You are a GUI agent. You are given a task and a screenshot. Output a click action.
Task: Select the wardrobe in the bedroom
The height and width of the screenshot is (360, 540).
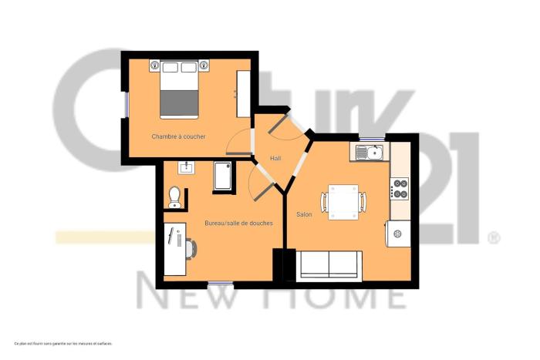coord(243,94)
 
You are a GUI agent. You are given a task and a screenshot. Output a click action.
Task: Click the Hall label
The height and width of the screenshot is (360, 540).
coord(275,158)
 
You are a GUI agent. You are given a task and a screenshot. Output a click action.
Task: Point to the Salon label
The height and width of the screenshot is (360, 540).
coord(304,214)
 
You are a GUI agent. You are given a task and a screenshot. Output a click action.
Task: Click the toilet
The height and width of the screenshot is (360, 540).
coord(174,197)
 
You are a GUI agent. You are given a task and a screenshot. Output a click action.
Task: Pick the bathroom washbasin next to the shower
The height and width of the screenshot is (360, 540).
coord(186,167)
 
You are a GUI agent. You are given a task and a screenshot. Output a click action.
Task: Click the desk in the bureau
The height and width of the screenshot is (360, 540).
coord(174,248)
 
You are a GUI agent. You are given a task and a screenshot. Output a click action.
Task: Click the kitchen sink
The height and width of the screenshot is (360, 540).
coord(370,153)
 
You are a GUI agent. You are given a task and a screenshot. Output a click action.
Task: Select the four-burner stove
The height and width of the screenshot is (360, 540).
coord(400,189)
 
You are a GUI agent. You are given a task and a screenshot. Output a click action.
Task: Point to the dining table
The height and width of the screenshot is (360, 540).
coord(343,202)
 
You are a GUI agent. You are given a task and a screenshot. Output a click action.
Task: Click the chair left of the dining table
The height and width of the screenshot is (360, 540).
coord(325,202)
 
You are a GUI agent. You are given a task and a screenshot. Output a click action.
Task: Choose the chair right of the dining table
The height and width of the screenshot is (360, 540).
coord(363,202)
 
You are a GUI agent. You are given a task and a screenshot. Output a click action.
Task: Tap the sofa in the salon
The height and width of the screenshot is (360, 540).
coord(330,264)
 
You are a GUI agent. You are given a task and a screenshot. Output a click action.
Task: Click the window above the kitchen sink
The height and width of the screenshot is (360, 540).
coord(372,138)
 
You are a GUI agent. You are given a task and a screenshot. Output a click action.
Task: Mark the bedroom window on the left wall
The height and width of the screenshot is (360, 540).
coord(125,104)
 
